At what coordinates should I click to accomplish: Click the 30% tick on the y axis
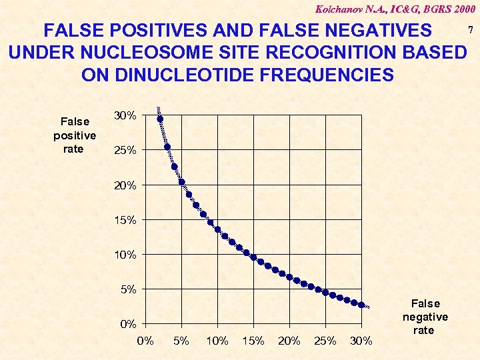tap(125, 116)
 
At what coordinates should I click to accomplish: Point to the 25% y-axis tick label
tap(125, 151)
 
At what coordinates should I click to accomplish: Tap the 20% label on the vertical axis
tap(125, 185)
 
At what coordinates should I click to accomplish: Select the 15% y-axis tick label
tap(125, 220)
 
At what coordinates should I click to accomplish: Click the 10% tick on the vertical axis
tap(125, 255)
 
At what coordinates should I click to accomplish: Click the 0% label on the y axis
tap(128, 325)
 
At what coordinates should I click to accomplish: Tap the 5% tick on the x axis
tap(181, 341)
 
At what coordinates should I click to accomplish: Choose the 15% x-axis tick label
tap(253, 341)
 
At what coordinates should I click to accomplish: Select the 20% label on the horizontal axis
tap(289, 341)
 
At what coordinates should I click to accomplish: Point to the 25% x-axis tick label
tap(325, 341)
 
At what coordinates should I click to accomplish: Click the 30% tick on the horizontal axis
tap(361, 341)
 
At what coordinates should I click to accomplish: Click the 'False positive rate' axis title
tap(74, 135)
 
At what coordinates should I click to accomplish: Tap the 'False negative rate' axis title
tap(425, 317)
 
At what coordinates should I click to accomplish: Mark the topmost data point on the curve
tap(160, 119)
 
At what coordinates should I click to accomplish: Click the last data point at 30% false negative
tap(361, 305)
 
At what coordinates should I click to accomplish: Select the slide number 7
tap(471, 31)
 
